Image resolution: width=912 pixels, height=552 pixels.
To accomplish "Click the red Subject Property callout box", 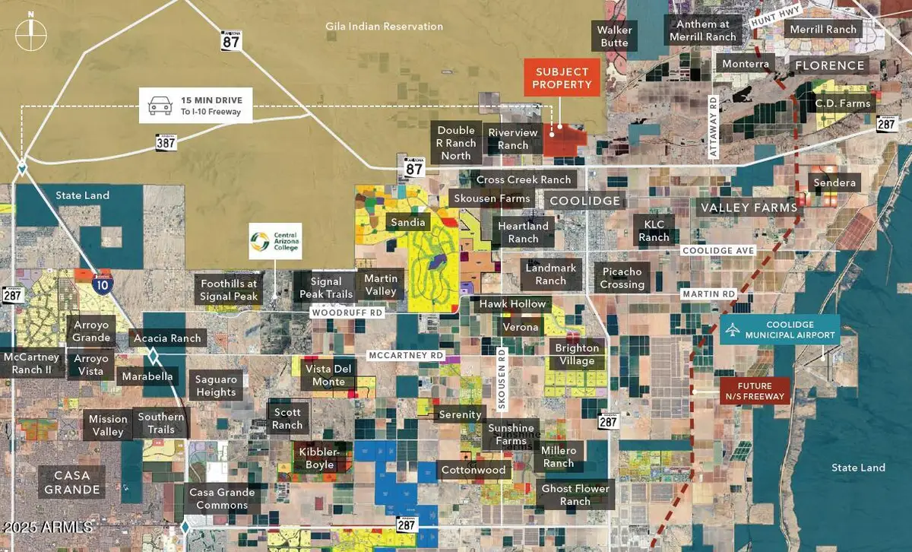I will coord(562,78).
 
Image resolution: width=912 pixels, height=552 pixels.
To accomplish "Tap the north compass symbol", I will coord(30,34).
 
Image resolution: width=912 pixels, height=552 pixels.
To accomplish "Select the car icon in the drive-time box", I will coord(159,105).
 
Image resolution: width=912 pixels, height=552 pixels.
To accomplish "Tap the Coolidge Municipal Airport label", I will coord(780,329).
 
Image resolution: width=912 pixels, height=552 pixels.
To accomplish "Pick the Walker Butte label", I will coord(614,36).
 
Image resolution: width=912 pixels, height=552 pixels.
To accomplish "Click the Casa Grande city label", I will coord(72,482).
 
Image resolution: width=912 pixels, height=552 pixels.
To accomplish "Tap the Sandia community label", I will coord(408,223).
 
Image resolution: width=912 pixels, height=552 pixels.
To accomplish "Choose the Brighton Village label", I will coord(577,354).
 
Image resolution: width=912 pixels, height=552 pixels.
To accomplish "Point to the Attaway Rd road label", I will coord(714,126).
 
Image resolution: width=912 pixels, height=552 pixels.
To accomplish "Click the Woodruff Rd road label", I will coord(347,312).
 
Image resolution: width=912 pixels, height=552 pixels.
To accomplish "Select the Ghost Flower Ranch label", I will coord(575,494).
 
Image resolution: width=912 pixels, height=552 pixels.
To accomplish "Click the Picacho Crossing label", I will coord(622,278).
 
